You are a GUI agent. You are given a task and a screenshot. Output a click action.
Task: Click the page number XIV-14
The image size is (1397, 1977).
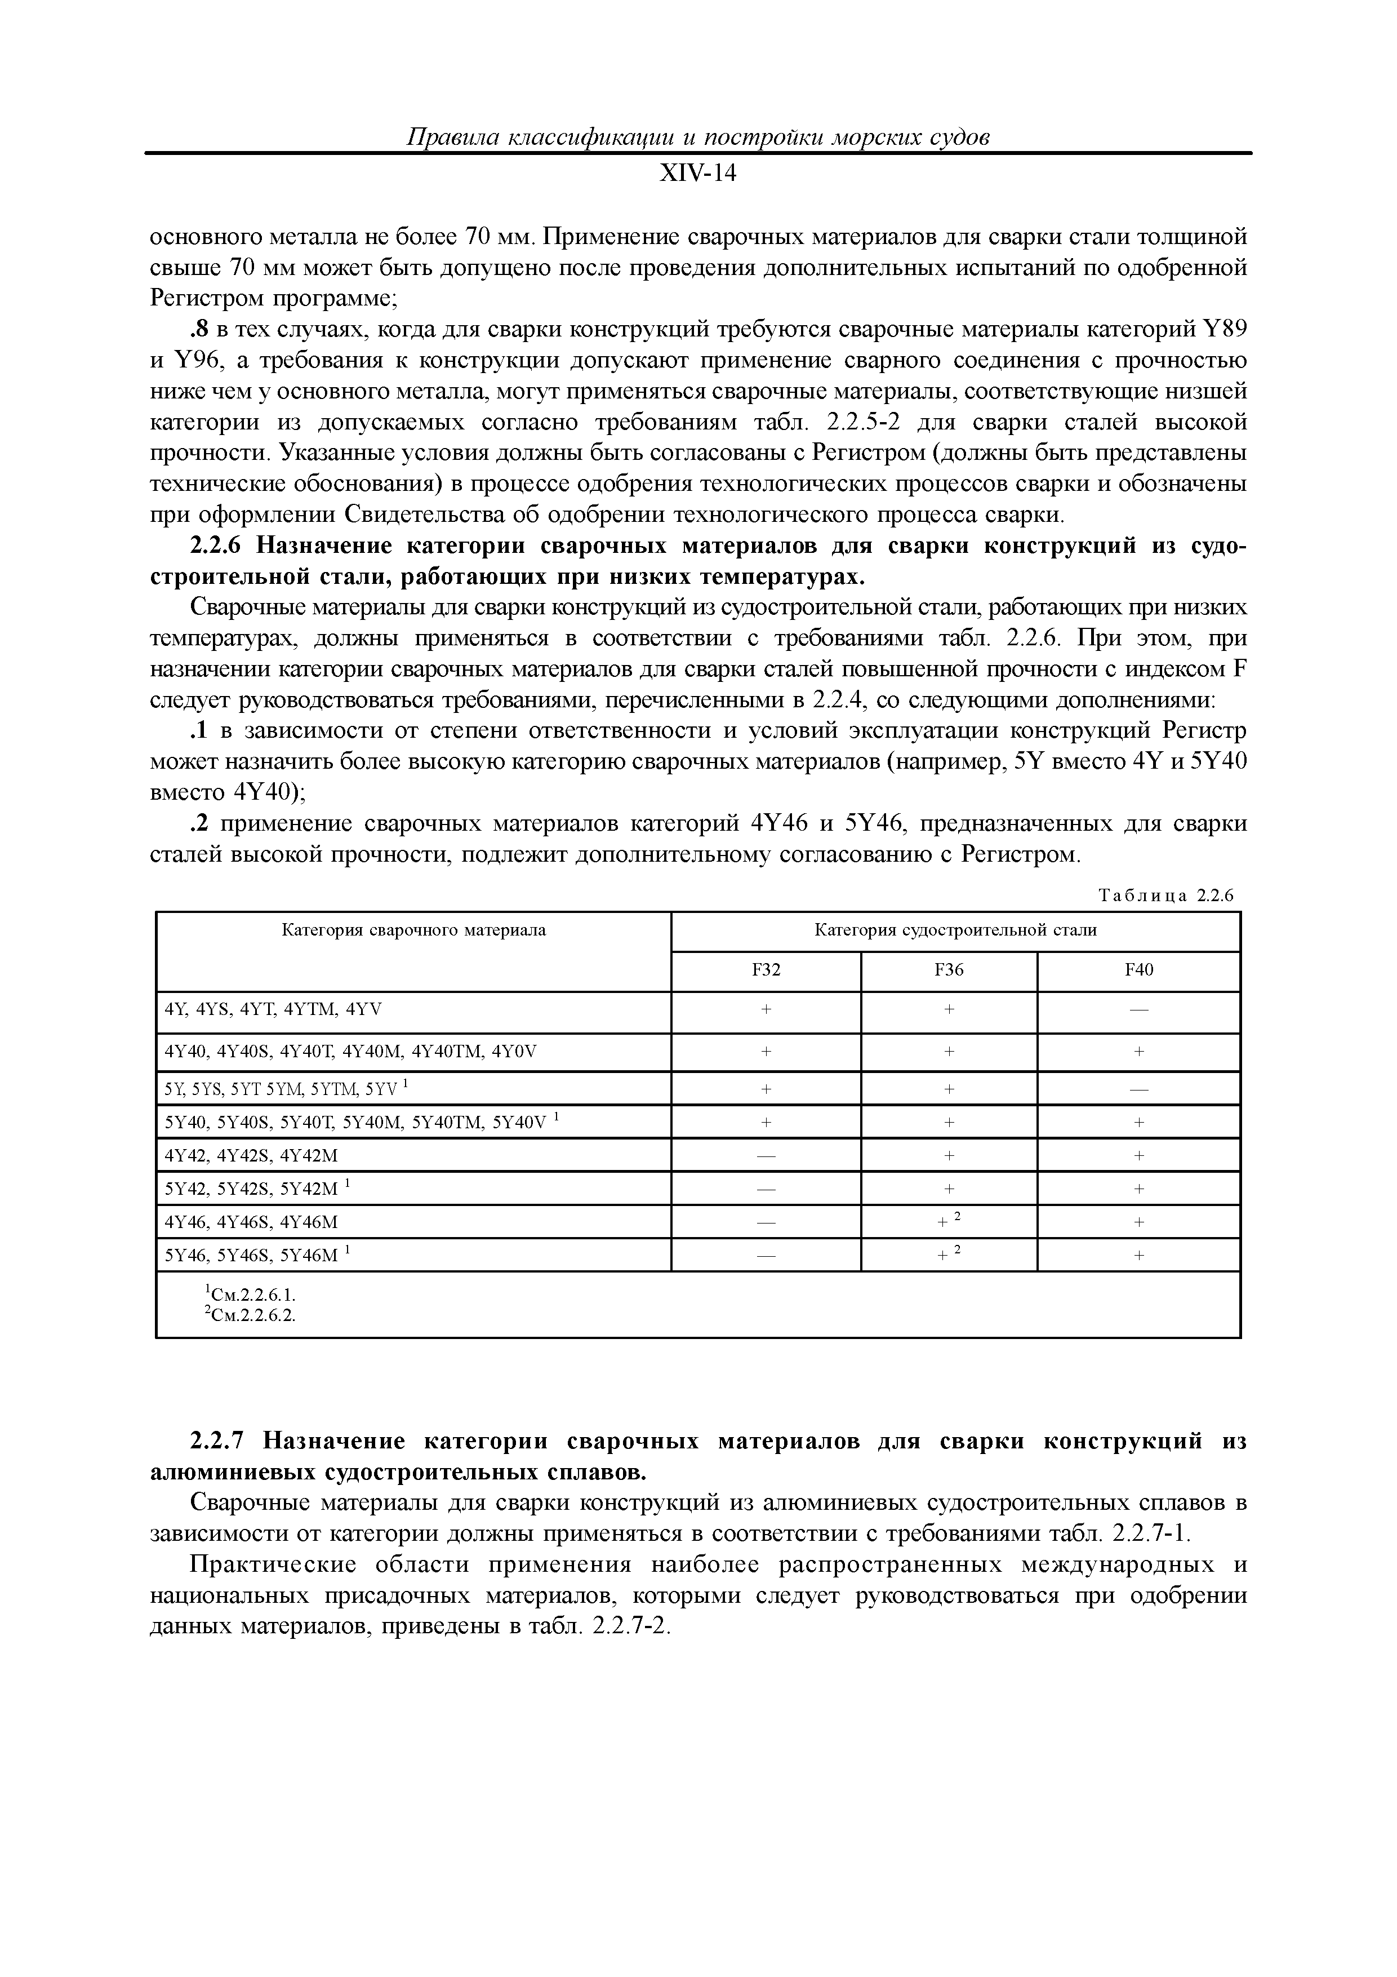(x=698, y=173)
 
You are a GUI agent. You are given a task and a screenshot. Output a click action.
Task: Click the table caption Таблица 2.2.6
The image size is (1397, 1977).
(x=1166, y=896)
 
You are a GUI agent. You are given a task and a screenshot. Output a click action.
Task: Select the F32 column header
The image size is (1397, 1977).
(x=765, y=970)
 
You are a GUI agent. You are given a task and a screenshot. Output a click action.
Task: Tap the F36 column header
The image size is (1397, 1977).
(x=949, y=970)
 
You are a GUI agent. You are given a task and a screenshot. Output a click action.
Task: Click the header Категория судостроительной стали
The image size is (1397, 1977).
(x=955, y=930)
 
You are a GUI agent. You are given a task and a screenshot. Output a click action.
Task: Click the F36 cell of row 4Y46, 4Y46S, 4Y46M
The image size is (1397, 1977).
(x=949, y=1221)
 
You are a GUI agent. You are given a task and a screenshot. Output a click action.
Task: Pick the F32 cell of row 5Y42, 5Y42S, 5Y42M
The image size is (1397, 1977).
(x=765, y=1188)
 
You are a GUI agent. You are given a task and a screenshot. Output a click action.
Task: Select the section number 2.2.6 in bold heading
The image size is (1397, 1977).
(x=218, y=546)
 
